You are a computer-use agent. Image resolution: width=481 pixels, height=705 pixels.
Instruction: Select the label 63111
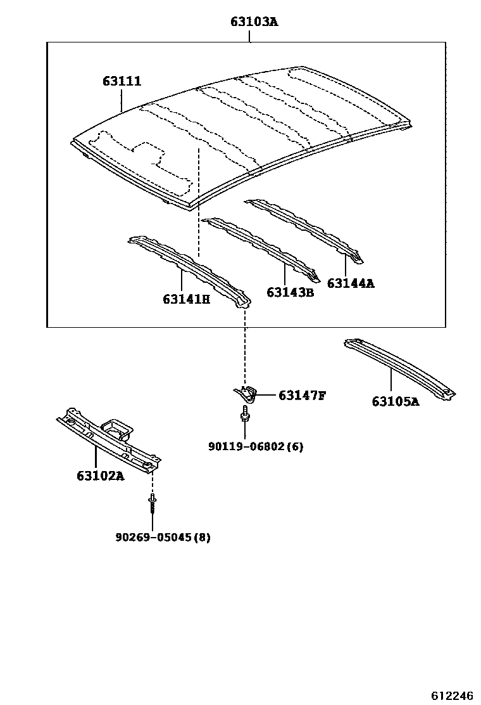122,82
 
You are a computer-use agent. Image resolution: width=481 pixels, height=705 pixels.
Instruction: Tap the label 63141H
186,299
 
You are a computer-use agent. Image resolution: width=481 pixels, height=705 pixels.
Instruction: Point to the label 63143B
290,292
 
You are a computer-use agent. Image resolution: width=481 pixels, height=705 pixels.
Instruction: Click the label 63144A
351,283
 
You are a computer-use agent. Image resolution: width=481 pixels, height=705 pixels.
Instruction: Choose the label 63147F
302,396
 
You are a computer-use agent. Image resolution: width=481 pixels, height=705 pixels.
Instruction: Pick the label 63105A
395,401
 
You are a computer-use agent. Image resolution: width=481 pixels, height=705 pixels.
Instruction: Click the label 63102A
100,475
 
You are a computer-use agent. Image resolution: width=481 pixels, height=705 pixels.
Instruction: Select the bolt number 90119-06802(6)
256,446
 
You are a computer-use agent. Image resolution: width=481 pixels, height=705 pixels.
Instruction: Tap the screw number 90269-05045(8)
163,537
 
